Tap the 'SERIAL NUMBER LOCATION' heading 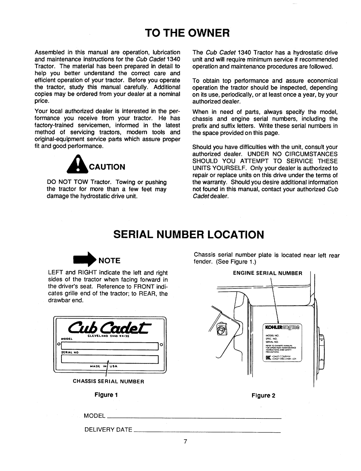pyautogui.click(x=180, y=233)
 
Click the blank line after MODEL pyautogui.click(x=194, y=419)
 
